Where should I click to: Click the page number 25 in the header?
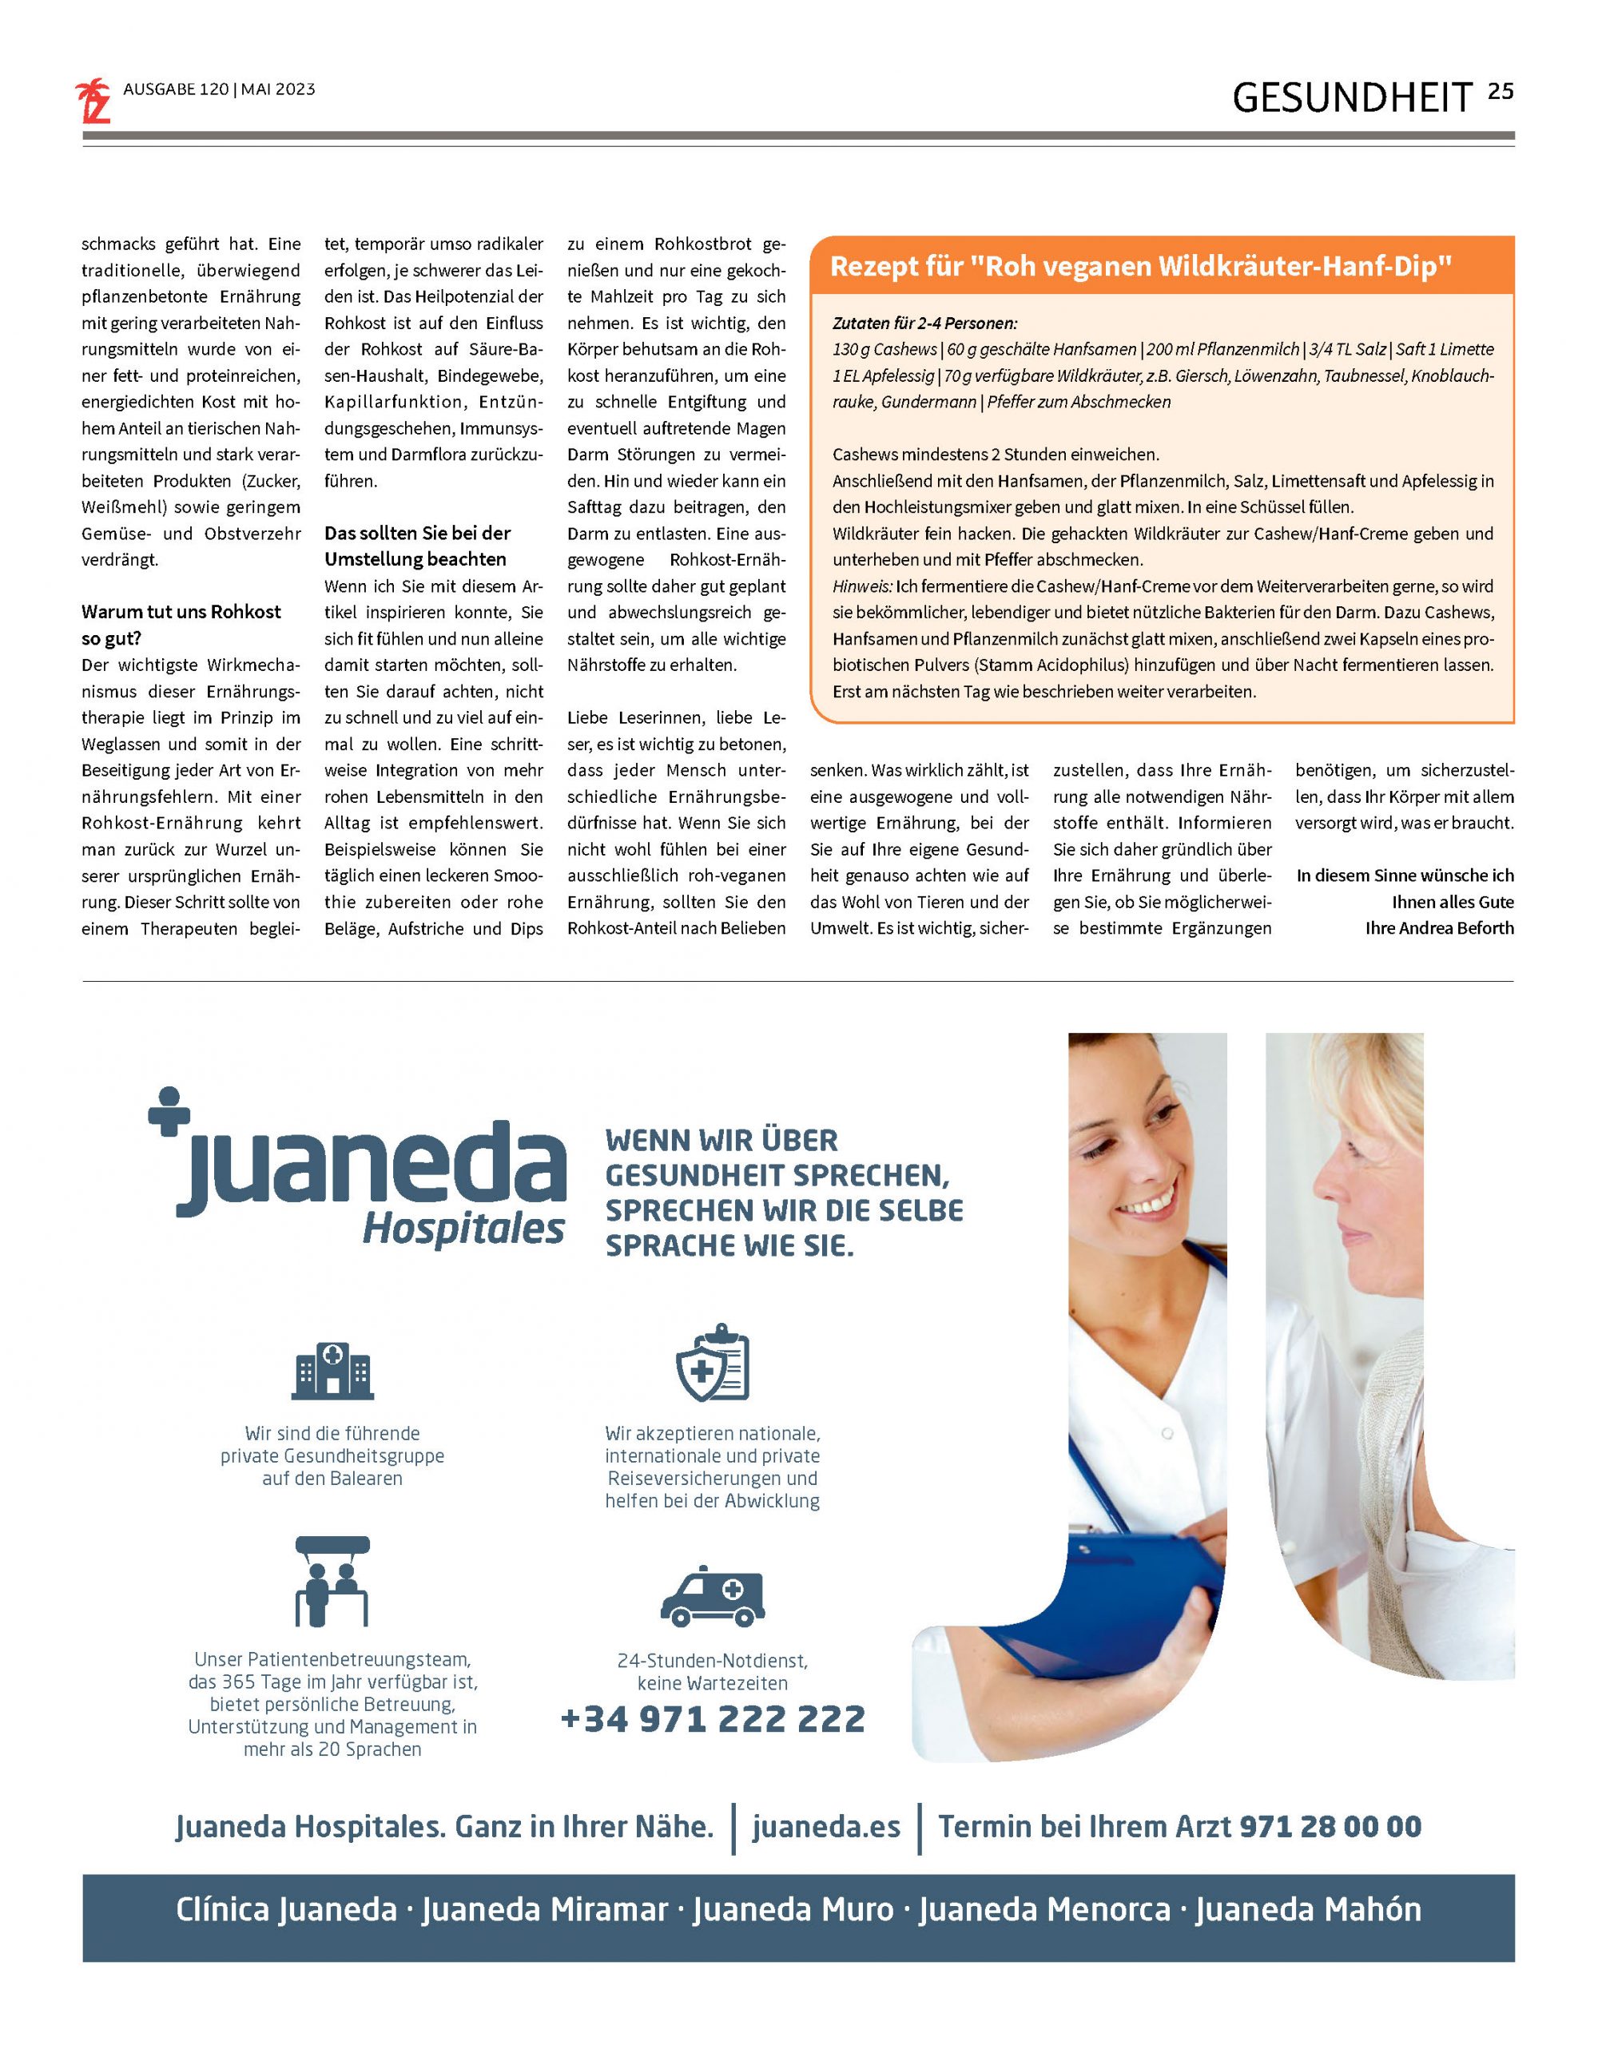1500,92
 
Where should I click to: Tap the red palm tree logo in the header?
93,101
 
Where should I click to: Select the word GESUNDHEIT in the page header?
1352,97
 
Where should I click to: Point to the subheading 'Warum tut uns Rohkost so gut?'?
181,625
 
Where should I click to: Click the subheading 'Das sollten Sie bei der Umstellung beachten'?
417,546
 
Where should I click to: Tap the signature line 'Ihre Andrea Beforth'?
1439,928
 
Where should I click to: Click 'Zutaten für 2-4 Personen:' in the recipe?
924,323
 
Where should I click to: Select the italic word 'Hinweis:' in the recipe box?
862,587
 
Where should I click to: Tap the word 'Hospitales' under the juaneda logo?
463,1229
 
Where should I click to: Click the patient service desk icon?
332,1582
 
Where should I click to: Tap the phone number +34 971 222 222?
712,1719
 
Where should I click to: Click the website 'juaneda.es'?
825,1827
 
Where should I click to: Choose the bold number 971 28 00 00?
1330,1827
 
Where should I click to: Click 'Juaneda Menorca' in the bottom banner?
1043,1909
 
